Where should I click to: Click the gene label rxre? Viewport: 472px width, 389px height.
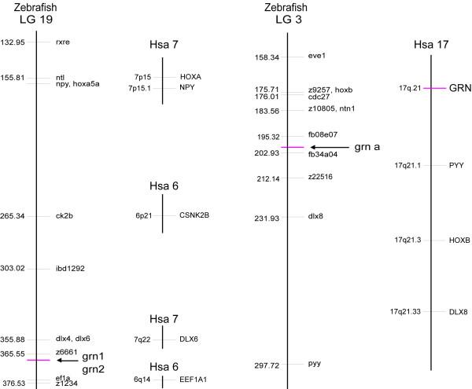coord(63,42)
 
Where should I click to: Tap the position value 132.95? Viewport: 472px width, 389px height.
coord(13,42)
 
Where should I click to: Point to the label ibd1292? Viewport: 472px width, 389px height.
coord(70,269)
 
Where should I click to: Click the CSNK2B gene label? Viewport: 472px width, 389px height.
coord(194,215)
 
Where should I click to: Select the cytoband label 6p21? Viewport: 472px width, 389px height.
coord(145,215)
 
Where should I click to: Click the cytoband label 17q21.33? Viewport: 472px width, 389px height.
coord(405,312)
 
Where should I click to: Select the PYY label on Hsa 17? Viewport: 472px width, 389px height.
coord(457,166)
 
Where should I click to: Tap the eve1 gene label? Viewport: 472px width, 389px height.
coord(316,57)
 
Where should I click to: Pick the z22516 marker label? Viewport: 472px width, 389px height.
coord(322,178)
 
